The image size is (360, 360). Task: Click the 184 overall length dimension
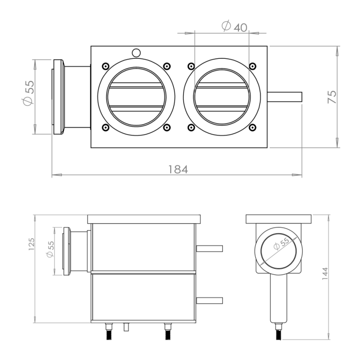pos(178,170)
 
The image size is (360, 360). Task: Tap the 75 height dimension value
pos(332,97)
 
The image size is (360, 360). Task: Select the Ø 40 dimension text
pos(235,26)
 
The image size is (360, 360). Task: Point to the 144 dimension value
pos(324,273)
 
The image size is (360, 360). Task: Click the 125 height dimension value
pos(31,244)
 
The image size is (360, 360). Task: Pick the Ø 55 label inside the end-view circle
pos(281,243)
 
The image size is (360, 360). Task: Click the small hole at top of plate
pos(136,53)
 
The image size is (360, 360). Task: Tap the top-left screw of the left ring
pos(105,67)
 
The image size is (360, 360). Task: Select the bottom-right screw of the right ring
pos(253,127)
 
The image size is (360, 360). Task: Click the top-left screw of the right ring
pos(191,67)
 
